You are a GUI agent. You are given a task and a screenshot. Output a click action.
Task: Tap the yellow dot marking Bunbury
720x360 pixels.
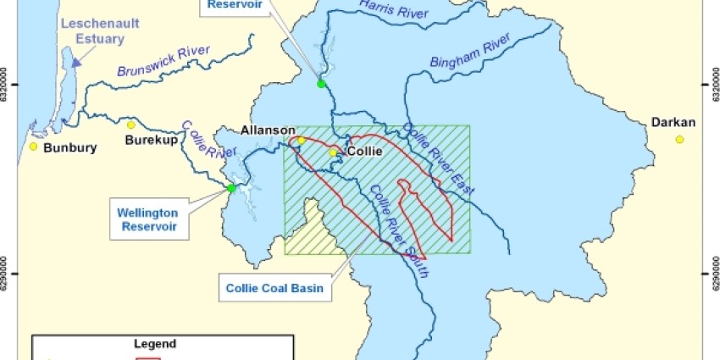(x=34, y=147)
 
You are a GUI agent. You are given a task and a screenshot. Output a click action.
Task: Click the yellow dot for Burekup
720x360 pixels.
(x=131, y=125)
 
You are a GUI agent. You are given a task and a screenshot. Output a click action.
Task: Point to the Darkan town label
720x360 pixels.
(x=673, y=123)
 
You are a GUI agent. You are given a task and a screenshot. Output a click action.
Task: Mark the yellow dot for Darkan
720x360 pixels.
(x=679, y=139)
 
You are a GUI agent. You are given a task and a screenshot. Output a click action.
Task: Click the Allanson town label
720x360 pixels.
(x=268, y=130)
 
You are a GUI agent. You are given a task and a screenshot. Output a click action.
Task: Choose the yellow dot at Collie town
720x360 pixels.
(x=333, y=153)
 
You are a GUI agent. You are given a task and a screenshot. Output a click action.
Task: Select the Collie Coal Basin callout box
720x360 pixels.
(x=275, y=287)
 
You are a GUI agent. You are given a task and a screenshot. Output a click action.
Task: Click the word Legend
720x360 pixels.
(x=155, y=344)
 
